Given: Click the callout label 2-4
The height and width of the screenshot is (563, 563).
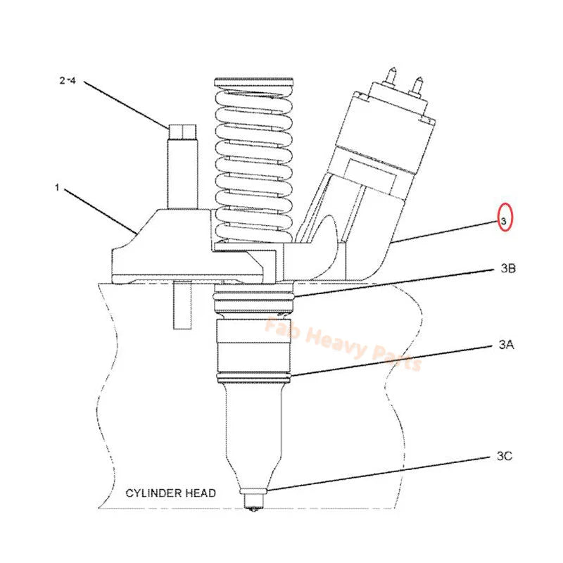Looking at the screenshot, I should tap(68, 82).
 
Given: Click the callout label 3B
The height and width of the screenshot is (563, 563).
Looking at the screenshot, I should tap(509, 267).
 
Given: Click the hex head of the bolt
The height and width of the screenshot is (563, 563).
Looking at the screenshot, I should tap(178, 131).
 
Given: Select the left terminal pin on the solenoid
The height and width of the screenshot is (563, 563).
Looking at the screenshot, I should tap(391, 72).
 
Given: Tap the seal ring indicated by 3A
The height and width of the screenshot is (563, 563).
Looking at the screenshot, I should tap(253, 380).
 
